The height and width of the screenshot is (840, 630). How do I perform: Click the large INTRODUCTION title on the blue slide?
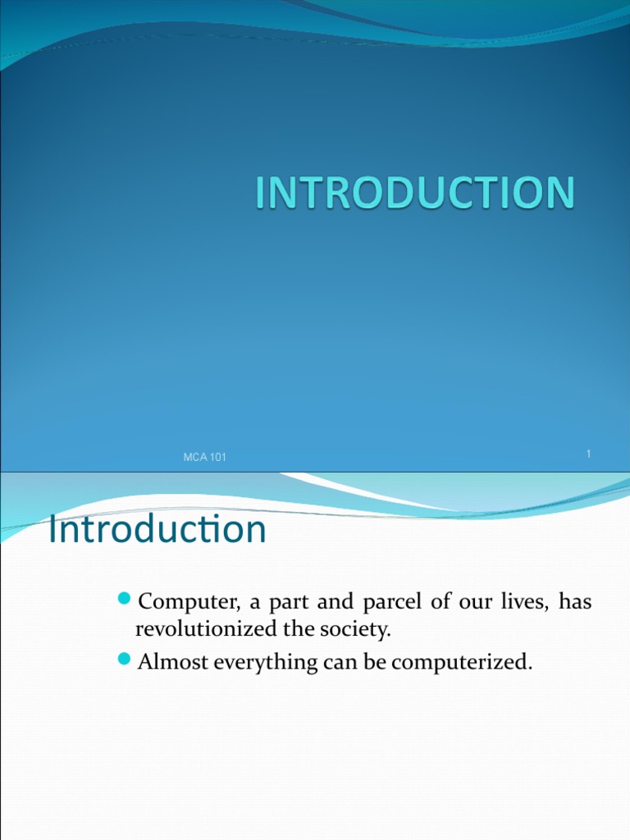pyautogui.click(x=415, y=194)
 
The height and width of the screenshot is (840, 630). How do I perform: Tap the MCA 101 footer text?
pyautogui.click(x=204, y=458)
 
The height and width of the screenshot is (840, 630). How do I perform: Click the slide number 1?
pyautogui.click(x=589, y=454)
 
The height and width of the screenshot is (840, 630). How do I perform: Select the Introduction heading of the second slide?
pyautogui.click(x=157, y=530)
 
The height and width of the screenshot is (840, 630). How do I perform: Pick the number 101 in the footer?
pyautogui.click(x=217, y=458)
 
